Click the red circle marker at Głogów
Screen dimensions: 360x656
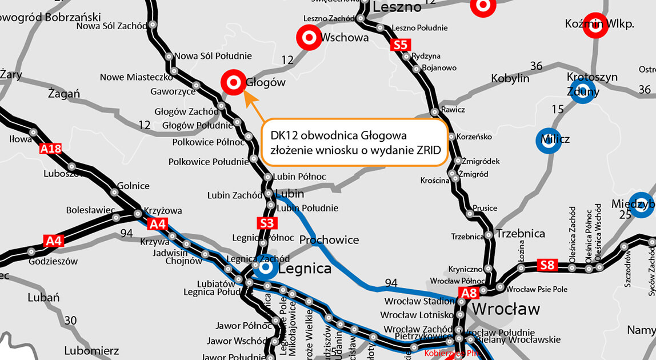(x=233, y=83)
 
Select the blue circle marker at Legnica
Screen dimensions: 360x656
(x=265, y=267)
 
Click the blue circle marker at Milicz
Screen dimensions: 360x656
(x=547, y=141)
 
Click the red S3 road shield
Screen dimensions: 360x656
(x=266, y=223)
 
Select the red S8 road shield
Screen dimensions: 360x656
(x=547, y=265)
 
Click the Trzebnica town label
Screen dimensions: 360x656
(x=521, y=234)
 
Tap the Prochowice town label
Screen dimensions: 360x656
(x=329, y=240)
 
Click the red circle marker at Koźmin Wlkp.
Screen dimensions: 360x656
(x=595, y=26)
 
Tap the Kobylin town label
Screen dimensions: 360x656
(x=510, y=79)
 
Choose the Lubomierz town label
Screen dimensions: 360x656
(x=91, y=350)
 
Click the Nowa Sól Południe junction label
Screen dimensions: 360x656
(x=213, y=56)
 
